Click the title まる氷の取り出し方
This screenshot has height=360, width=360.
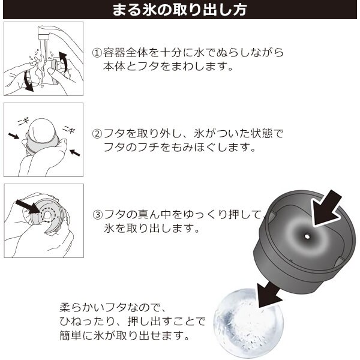[179, 10]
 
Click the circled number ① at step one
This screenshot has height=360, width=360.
[97, 53]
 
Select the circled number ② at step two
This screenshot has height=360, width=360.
[97, 134]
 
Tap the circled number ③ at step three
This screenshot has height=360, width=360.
[97, 214]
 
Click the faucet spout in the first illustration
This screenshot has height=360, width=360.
[44, 33]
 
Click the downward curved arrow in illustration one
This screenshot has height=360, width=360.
[28, 81]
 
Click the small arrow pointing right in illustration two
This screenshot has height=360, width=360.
[14, 136]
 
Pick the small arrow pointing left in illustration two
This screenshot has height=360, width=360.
[75, 152]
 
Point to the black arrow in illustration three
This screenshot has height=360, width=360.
[28, 206]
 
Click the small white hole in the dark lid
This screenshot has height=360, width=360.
[306, 236]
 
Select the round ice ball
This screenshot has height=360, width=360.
[248, 323]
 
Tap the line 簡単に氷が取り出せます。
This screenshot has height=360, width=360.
[124, 335]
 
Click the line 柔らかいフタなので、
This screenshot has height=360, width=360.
[113, 308]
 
